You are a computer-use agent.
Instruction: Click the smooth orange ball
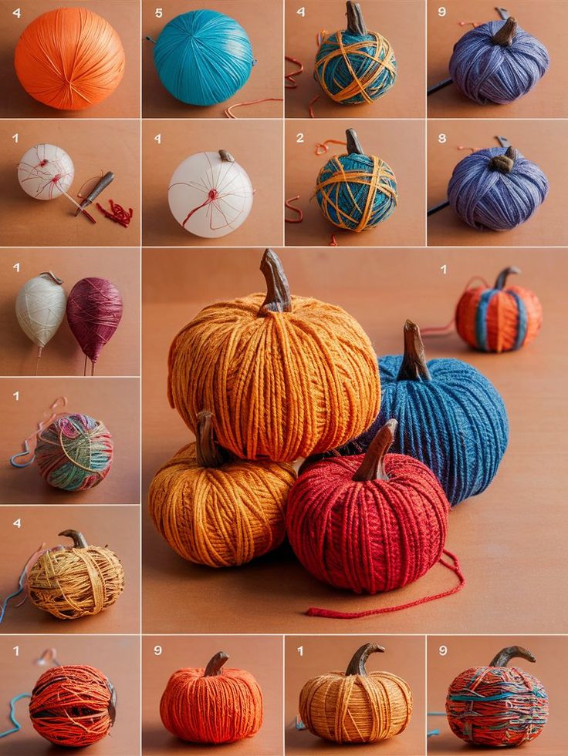[x=69, y=59]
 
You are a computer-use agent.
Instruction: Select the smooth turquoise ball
[x=203, y=57]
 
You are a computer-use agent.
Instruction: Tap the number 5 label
[x=159, y=13]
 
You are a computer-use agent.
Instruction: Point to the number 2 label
[x=300, y=139]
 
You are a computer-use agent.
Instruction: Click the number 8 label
[x=442, y=139]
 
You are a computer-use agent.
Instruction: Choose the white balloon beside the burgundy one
[x=41, y=308]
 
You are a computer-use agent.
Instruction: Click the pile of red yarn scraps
[x=116, y=213]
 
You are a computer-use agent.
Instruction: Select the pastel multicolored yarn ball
[x=74, y=452]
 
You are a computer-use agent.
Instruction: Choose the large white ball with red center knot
[x=211, y=194]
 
